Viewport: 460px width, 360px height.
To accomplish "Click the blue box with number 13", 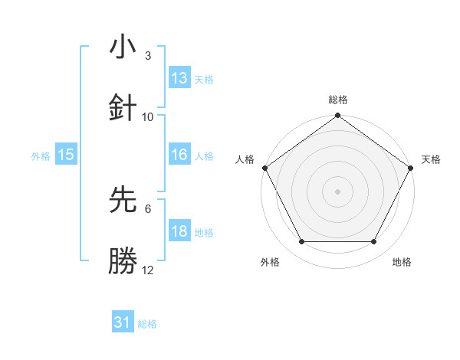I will coord(179,78).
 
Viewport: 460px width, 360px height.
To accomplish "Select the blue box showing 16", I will coord(179,155).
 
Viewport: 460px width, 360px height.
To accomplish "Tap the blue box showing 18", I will coord(179,231).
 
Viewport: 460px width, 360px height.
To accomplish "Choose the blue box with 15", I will coord(66,155).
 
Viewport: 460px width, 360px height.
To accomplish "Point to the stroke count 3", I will coord(147,56).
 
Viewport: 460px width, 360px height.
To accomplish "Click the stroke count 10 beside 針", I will coord(148,116).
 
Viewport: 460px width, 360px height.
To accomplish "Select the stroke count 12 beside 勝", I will coord(148,270).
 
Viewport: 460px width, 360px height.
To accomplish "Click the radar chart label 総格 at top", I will coord(337,100).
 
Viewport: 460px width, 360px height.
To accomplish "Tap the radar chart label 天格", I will coord(431,159).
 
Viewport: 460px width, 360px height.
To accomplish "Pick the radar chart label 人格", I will coord(245,159).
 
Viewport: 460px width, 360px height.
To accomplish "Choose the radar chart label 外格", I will coord(270,262).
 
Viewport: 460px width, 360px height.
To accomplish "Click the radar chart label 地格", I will coord(402,262).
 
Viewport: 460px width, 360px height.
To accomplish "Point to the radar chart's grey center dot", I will coord(337,191).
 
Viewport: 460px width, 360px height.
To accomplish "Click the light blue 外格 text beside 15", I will coord(41,155).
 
